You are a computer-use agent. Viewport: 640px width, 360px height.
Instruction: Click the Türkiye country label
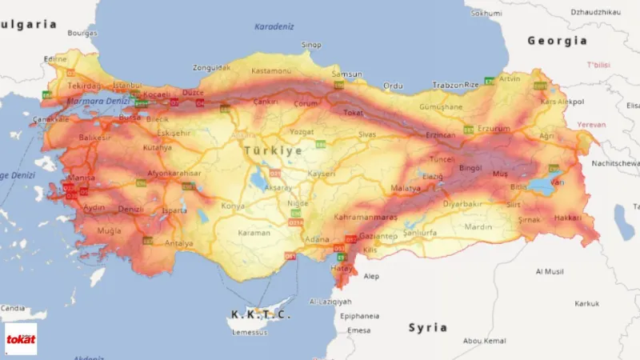pyautogui.click(x=274, y=150)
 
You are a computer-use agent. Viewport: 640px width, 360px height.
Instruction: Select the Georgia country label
pyautogui.click(x=557, y=40)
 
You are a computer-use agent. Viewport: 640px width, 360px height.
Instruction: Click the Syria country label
pyautogui.click(x=427, y=327)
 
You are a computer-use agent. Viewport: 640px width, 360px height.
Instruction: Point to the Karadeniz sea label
pyautogui.click(x=274, y=26)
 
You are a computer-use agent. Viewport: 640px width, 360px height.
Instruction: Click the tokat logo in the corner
pyautogui.click(x=21, y=338)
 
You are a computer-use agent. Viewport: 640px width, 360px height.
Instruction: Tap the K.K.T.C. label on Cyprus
pyautogui.click(x=261, y=314)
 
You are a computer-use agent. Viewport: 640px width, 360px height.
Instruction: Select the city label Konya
pyautogui.click(x=233, y=206)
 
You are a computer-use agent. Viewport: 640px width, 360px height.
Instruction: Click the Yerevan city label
pyautogui.click(x=591, y=125)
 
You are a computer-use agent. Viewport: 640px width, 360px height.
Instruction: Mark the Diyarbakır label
pyautogui.click(x=463, y=203)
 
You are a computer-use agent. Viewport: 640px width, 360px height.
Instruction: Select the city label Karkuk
pyautogui.click(x=586, y=303)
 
